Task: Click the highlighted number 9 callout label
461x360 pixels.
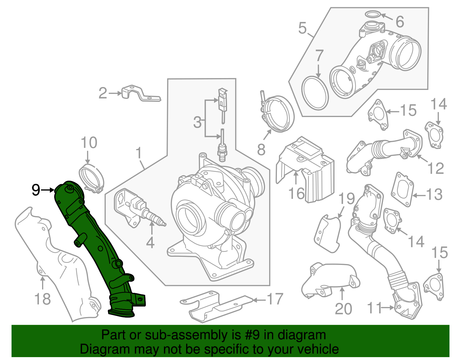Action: point(36,190)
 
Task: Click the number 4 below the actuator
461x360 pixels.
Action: point(150,243)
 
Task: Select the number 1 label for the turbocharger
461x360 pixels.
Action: point(139,153)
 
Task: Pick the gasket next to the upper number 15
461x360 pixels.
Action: point(378,114)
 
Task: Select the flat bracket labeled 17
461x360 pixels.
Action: point(216,306)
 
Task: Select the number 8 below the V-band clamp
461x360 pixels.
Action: point(261,150)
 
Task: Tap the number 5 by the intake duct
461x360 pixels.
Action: point(302,28)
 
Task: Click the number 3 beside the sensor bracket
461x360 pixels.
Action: point(197,122)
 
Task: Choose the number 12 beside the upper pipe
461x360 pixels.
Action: point(435,168)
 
